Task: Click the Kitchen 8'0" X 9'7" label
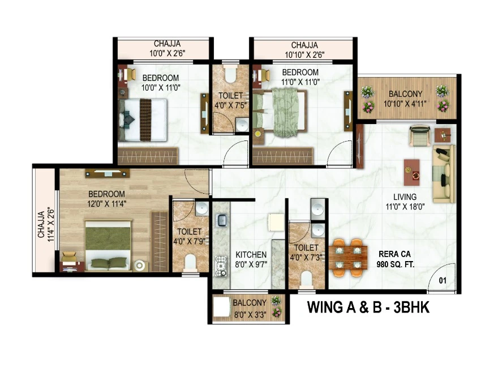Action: click(x=251, y=259)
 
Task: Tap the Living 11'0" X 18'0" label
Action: click(x=405, y=202)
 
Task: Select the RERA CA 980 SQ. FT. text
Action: click(x=395, y=259)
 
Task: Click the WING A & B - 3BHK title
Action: click(x=368, y=307)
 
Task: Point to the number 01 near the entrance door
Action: click(x=443, y=280)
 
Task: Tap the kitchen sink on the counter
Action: click(x=222, y=220)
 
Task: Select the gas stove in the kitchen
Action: click(x=221, y=266)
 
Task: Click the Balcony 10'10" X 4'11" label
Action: click(x=405, y=99)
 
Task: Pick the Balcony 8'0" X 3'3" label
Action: click(x=250, y=308)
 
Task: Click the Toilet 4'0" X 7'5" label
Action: click(x=231, y=100)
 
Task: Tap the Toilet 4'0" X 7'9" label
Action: click(x=189, y=236)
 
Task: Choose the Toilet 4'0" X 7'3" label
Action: click(x=306, y=252)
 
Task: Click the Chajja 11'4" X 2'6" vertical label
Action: click(x=46, y=224)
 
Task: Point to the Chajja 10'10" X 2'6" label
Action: click(x=304, y=50)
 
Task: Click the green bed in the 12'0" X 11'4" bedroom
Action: click(x=108, y=245)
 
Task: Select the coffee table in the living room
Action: click(x=412, y=172)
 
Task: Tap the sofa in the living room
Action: click(x=444, y=174)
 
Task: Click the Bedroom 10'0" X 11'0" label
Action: click(x=161, y=82)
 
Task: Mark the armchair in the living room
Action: click(x=420, y=135)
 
